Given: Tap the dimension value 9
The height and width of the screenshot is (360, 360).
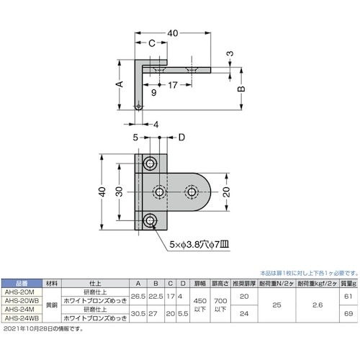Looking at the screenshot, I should (154, 91).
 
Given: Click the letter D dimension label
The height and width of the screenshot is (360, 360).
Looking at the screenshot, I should (181, 138).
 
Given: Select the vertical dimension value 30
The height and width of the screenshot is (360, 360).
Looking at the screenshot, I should (118, 193).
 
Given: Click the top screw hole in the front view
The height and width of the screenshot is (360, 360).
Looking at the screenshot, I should (150, 164).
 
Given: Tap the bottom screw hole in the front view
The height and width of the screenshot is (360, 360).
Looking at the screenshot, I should (150, 220).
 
